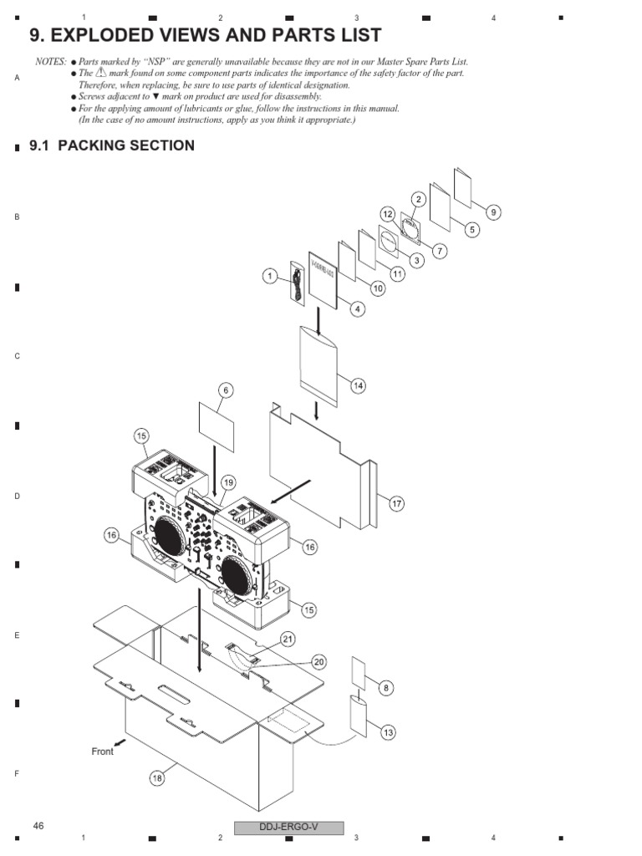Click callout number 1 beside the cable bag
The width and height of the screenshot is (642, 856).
(x=270, y=276)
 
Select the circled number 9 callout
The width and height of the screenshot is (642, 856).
(x=493, y=212)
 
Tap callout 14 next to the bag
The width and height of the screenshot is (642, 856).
(x=358, y=385)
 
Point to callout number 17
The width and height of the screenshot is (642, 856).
(x=396, y=503)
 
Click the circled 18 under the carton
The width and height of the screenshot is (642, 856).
(x=157, y=778)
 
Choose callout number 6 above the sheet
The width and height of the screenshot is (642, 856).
(x=225, y=390)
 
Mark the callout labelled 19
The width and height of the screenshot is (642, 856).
(x=229, y=482)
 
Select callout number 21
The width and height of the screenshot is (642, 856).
(x=288, y=639)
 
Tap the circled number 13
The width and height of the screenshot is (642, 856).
(x=388, y=732)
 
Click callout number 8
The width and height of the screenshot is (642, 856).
(x=385, y=688)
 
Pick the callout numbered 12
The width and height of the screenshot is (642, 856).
(x=387, y=214)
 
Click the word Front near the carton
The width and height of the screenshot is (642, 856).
(x=102, y=752)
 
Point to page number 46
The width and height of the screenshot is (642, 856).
(x=38, y=826)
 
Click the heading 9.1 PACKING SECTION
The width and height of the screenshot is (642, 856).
(x=112, y=145)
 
